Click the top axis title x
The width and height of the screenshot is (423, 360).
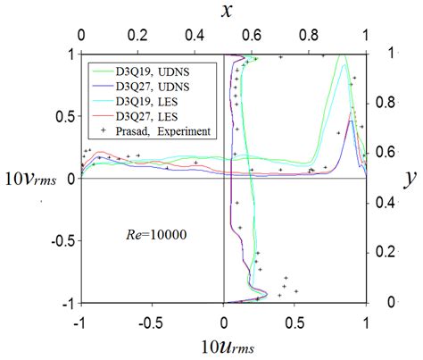tap(223, 13)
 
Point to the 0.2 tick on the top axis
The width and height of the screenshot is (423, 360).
tap(138, 39)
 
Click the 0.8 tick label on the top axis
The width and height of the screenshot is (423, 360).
tap(310, 39)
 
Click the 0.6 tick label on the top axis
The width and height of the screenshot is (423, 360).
tap(253, 39)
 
